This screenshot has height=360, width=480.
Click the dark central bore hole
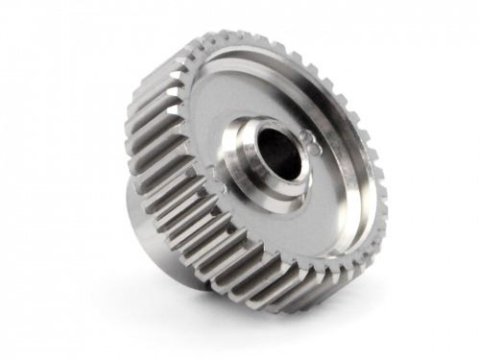tap(278, 152)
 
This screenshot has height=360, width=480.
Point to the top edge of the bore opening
tap(279, 128)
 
